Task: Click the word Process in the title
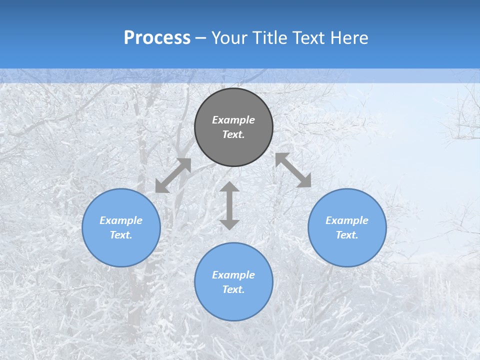point(157,38)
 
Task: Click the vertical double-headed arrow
point(229,205)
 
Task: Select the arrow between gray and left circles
point(173,175)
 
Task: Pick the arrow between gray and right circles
point(293,170)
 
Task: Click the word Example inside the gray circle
point(233,120)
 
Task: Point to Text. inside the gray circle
point(233,134)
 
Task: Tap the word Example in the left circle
point(121,220)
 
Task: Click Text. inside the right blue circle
point(347,235)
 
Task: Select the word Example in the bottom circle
point(233,275)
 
